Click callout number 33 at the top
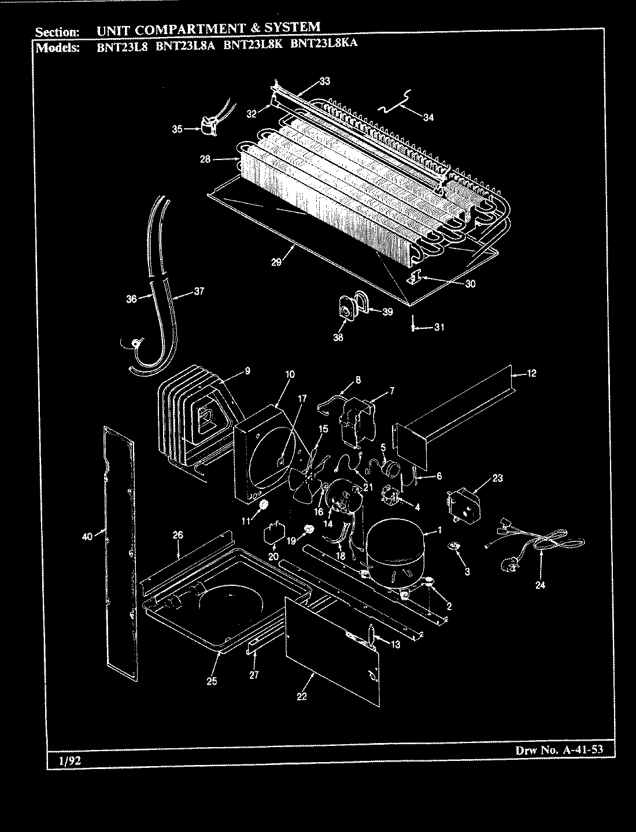click(x=324, y=81)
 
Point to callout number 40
click(x=87, y=537)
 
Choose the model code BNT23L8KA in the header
click(x=324, y=42)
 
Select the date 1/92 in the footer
click(x=69, y=762)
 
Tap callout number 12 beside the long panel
click(x=531, y=374)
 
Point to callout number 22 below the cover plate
click(x=301, y=696)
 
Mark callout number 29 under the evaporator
click(x=276, y=262)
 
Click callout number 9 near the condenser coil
click(x=247, y=372)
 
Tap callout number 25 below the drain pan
click(x=211, y=681)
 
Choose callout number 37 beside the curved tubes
click(x=198, y=292)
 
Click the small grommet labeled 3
click(x=452, y=546)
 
